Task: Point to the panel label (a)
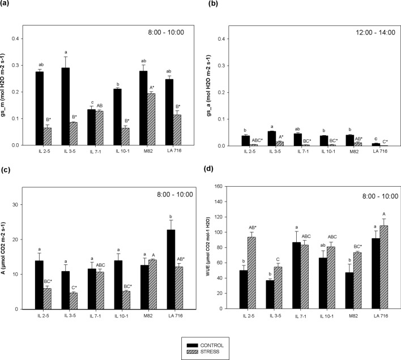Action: click(10, 5)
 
